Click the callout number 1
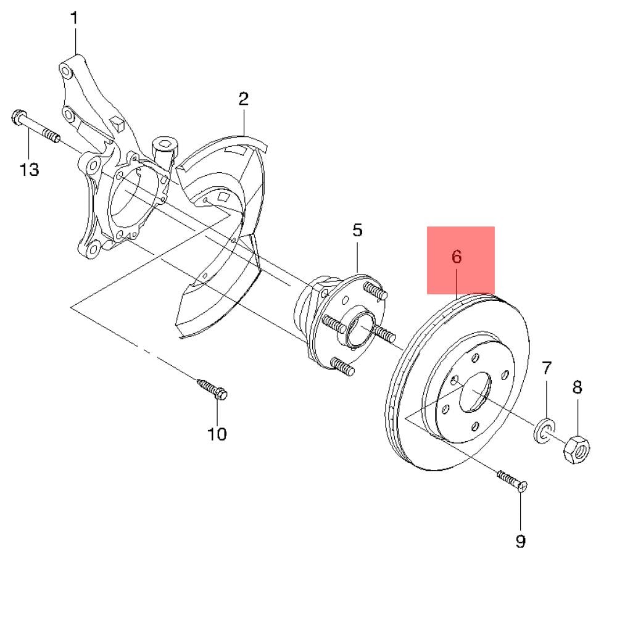point(74,18)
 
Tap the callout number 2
point(244,99)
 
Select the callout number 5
point(357,230)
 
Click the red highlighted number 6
point(457,257)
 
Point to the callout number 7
point(547,368)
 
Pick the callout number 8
point(578,387)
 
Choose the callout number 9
point(520,541)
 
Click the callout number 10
point(217,434)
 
